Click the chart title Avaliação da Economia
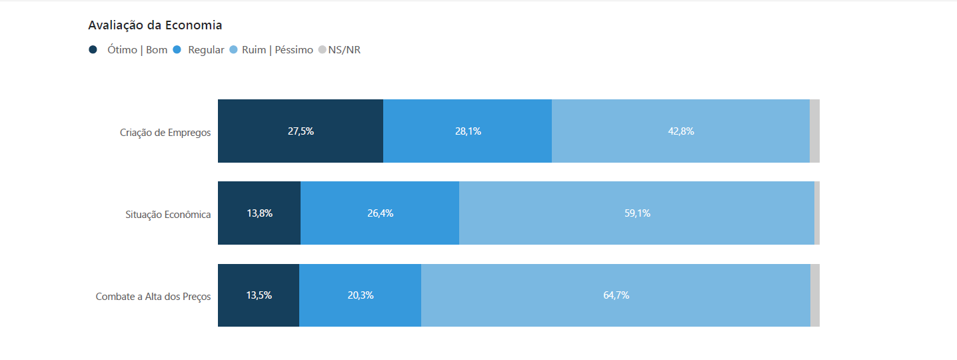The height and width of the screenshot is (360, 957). (x=155, y=25)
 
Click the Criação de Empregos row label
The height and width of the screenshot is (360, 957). (x=165, y=132)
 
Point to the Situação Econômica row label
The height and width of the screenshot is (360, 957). (x=168, y=214)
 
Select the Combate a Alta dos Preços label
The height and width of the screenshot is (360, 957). (x=153, y=296)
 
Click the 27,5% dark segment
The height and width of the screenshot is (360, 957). (x=301, y=131)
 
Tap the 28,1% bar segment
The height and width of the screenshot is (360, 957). (x=468, y=131)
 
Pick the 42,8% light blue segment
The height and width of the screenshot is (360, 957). (x=680, y=131)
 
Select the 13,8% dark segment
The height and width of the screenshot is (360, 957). (x=259, y=213)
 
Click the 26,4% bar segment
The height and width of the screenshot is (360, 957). (x=380, y=213)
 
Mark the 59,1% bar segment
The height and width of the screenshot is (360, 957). (x=637, y=213)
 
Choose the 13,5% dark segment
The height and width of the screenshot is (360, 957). (x=259, y=295)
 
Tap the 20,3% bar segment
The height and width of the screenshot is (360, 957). (x=360, y=295)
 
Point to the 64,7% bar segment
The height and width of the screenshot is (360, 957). (x=616, y=295)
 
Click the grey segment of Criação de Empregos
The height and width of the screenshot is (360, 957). (x=814, y=131)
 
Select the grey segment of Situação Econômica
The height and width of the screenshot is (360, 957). (x=817, y=213)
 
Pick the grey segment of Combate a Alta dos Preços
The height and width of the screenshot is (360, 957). (x=815, y=295)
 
